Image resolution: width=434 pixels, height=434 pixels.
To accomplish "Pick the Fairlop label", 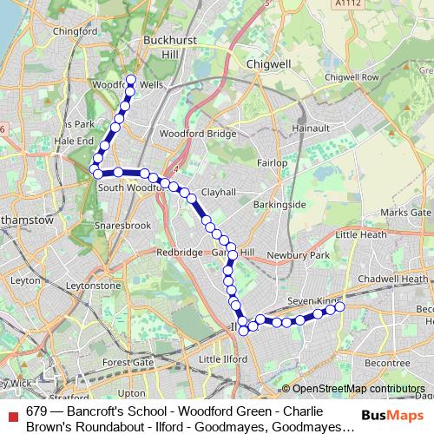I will (x=272, y=163).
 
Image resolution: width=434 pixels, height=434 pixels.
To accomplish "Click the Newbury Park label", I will (x=309, y=255).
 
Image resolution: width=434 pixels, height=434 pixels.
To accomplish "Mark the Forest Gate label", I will (x=127, y=362).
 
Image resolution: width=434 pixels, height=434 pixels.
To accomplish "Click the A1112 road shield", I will (x=347, y=4).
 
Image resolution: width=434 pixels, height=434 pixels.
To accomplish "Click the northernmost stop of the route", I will (x=131, y=81).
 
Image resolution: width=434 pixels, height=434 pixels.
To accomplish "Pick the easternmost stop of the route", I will (x=339, y=306).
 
